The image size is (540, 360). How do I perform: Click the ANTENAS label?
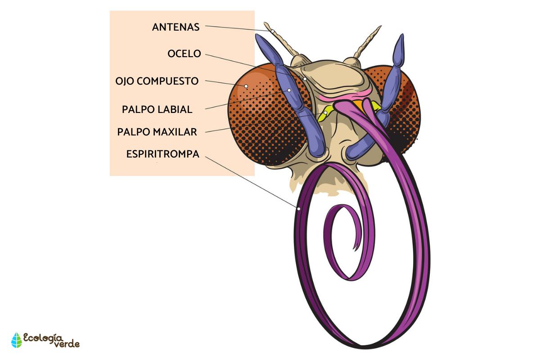pyautogui.click(x=175, y=27)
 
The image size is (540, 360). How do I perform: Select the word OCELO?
pyautogui.click(x=184, y=54)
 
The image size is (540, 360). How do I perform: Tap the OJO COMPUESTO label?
pyautogui.click(x=157, y=81)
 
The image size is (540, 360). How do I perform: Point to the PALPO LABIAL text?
pyautogui.click(x=157, y=109)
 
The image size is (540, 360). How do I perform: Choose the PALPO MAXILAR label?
pyautogui.click(x=157, y=132)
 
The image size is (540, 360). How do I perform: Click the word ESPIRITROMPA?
pyautogui.click(x=162, y=154)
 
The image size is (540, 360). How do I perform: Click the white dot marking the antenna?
pyautogui.click(x=272, y=31)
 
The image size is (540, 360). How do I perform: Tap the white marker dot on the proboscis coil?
pyautogui.click(x=298, y=208)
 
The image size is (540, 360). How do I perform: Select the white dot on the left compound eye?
pyautogui.click(x=246, y=85)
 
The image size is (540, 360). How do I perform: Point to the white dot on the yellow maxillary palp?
pyautogui.click(x=325, y=112)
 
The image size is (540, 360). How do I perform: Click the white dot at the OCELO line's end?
pyautogui.click(x=305, y=79)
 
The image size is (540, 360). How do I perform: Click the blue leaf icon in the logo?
pyautogui.click(x=17, y=341)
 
